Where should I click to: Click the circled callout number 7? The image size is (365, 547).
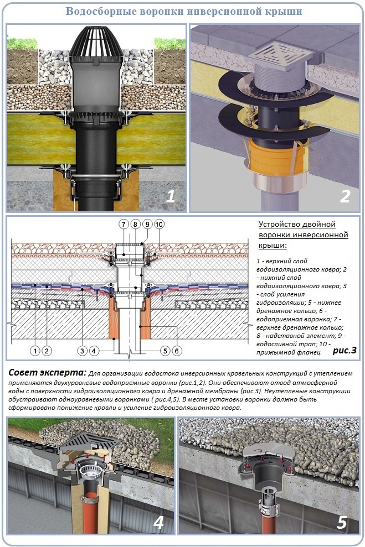124,225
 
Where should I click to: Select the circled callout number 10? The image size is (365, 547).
159,225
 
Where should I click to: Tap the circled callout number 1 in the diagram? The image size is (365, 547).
35,351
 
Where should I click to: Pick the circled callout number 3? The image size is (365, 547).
82,351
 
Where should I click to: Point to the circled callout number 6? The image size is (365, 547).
177,351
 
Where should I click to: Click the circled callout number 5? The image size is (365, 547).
165,351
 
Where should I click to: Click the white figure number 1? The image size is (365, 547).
171,196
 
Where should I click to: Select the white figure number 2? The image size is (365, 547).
345,196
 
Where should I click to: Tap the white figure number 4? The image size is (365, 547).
158,522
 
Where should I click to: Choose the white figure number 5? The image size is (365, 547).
342,522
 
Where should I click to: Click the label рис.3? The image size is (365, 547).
345,350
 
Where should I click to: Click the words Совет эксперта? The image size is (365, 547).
47,373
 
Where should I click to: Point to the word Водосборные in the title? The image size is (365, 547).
101,12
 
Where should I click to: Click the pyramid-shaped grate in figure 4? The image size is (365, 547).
90,441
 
